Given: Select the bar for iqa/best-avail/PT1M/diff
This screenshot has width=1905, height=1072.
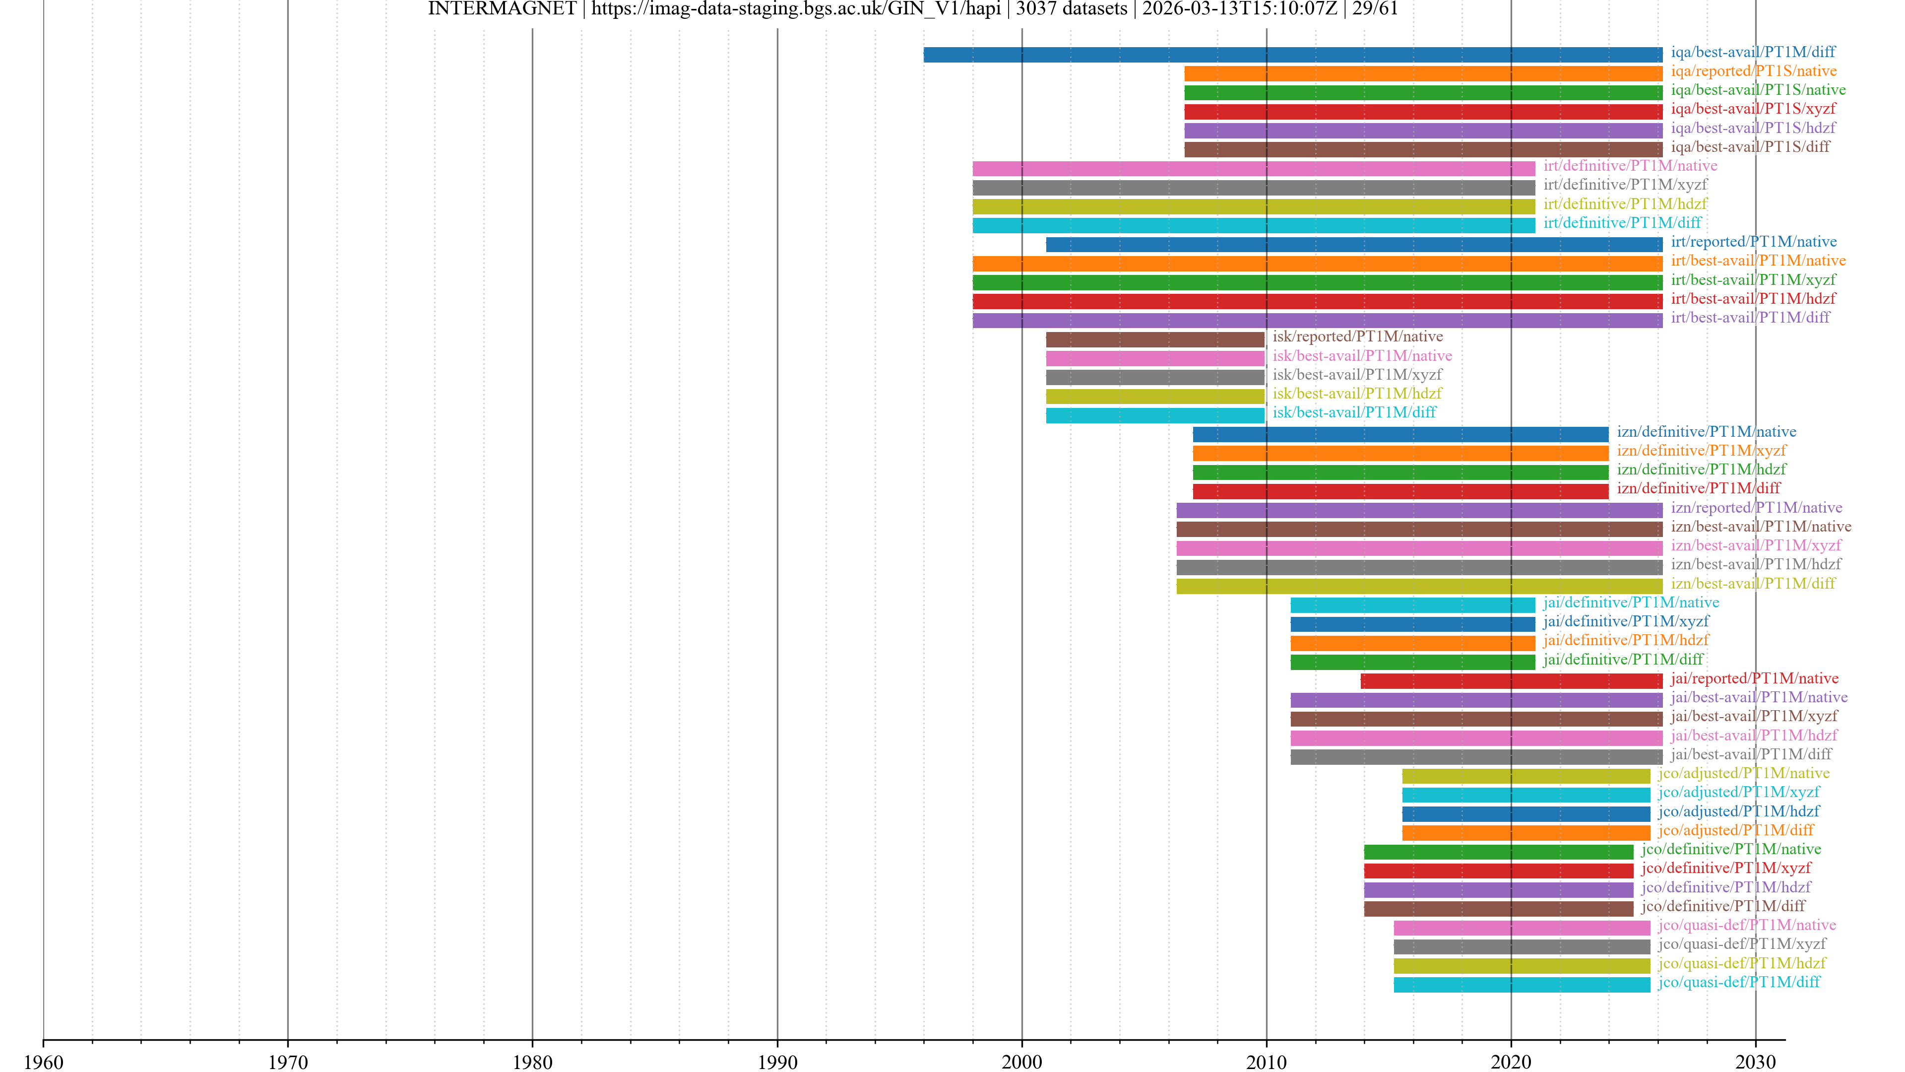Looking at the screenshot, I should coord(1293,54).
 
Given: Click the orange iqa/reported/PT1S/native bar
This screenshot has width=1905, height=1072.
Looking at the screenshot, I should coord(1423,73).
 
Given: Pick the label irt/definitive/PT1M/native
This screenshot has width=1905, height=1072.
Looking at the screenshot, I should coord(1630,166).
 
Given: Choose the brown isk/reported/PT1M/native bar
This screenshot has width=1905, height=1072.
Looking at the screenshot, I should coord(1154,339).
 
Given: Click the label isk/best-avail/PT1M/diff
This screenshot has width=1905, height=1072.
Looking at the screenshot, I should coord(1354,412).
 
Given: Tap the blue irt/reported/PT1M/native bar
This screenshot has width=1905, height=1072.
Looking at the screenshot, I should coord(1353,244).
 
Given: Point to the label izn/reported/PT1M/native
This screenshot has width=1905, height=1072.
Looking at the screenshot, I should coord(1756,508).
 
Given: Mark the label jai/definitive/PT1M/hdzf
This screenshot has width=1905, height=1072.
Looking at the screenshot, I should coord(1626,640).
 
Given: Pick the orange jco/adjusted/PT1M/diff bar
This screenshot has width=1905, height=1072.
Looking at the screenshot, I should coord(1525,832).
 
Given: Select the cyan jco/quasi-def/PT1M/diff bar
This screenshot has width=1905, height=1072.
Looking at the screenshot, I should coord(1521,984).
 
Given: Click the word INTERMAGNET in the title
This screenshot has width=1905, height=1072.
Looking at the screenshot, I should coord(502,9).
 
